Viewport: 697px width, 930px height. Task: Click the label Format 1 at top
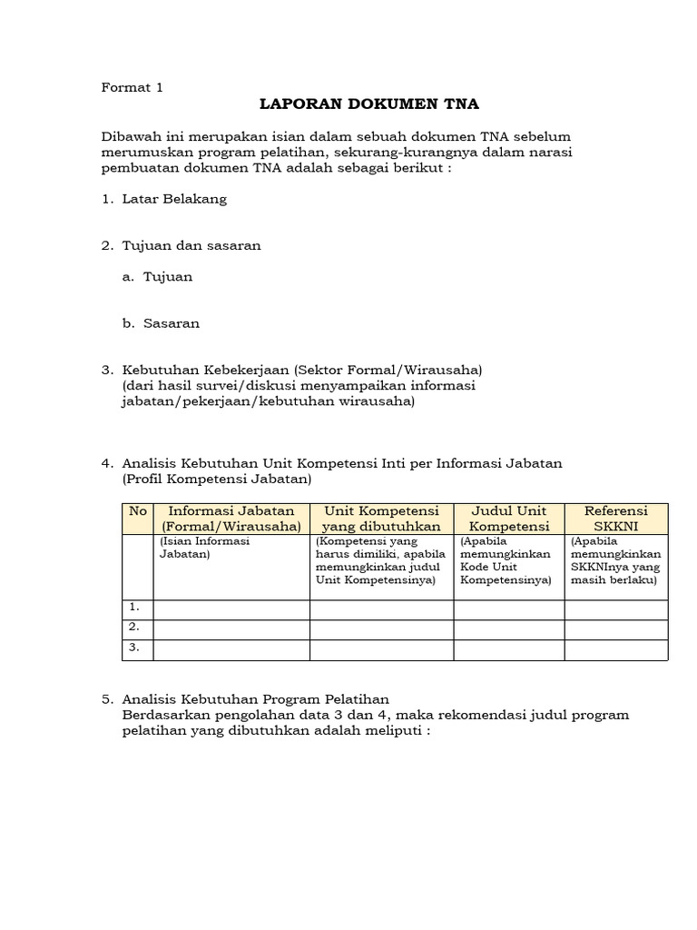[132, 88]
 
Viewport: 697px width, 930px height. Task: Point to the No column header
[137, 511]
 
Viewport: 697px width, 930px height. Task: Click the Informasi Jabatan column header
[231, 519]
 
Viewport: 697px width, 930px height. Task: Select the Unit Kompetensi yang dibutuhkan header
[381, 519]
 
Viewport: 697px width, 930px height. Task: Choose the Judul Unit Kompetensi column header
[508, 519]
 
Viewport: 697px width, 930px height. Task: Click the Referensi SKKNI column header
[616, 519]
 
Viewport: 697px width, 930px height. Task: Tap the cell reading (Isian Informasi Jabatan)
[204, 547]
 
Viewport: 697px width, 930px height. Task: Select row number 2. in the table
[137, 628]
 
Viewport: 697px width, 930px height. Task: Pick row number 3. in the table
[137, 648]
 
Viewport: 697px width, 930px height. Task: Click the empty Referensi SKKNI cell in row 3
[616, 649]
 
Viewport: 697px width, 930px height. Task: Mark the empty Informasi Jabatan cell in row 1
[231, 609]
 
